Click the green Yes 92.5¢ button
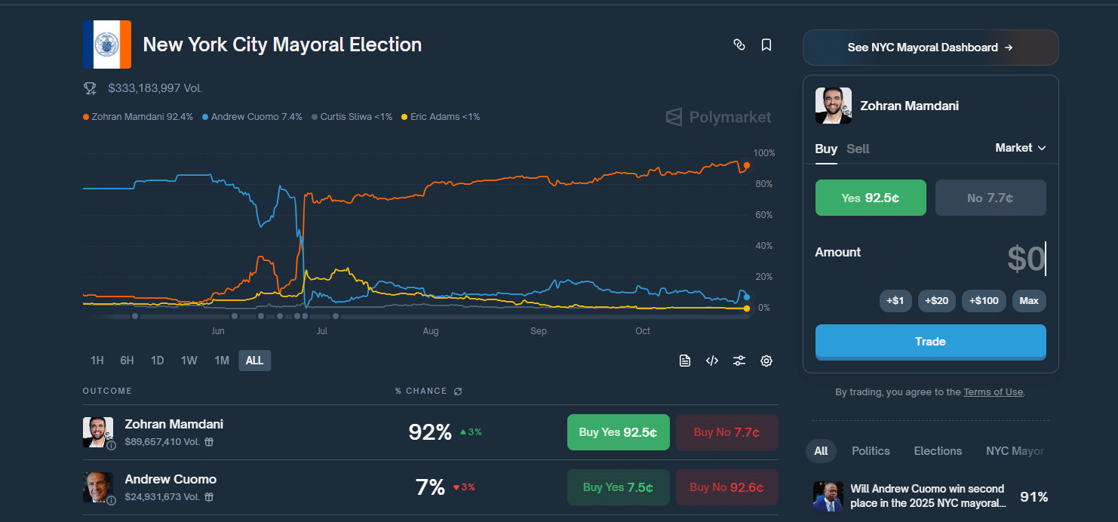click(x=871, y=198)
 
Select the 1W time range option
click(x=189, y=361)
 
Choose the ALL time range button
click(x=254, y=361)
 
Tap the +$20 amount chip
click(x=936, y=301)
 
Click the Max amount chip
click(x=1028, y=301)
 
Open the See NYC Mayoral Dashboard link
click(x=930, y=48)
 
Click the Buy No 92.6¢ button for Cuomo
click(x=726, y=487)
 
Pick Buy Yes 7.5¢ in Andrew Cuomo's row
click(x=618, y=487)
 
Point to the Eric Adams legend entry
click(x=441, y=117)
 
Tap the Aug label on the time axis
click(x=431, y=331)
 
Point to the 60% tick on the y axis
click(x=764, y=216)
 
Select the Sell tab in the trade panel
click(x=858, y=149)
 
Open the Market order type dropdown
click(x=1020, y=148)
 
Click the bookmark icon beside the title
click(x=766, y=45)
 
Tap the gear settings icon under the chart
click(x=766, y=361)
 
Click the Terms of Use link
click(x=993, y=392)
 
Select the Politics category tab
click(x=871, y=451)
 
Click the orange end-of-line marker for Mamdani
click(x=747, y=165)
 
